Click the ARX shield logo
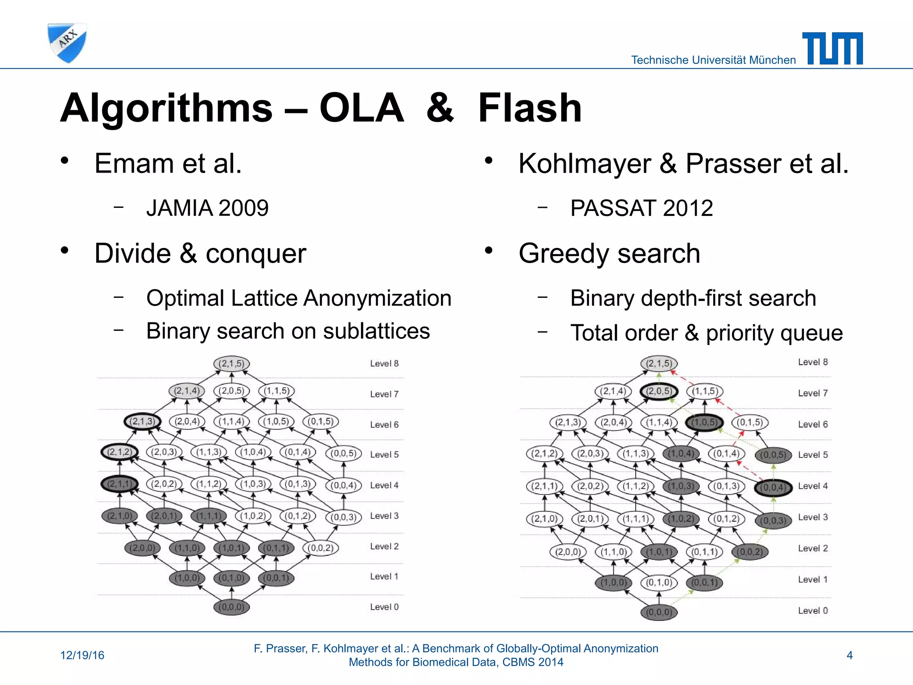[x=67, y=43]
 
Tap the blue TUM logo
[x=832, y=48]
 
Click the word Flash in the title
[x=530, y=108]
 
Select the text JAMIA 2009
[x=207, y=208]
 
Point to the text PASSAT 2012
[x=642, y=208]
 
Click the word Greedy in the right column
[x=563, y=253]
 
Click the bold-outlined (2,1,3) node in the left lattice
[x=142, y=421]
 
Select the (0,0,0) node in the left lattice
[x=231, y=607]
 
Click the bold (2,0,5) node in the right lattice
[x=659, y=392]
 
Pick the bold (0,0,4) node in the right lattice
[x=773, y=487]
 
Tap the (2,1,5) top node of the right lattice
[x=659, y=363]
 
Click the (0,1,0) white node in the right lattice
[x=659, y=582]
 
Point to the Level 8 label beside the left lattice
[x=384, y=363]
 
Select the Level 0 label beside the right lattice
[x=813, y=611]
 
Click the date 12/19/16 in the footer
[x=82, y=655]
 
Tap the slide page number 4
[x=849, y=655]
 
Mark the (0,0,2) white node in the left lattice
[x=321, y=548]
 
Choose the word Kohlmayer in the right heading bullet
[x=584, y=163]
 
